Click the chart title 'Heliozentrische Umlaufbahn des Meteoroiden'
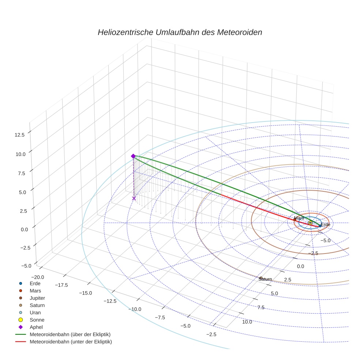coord(180,32)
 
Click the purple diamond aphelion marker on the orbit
coord(133,156)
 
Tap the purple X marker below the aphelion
coord(134,198)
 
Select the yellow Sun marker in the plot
coord(310,222)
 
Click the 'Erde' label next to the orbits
coord(325,225)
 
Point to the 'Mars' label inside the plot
coord(299,218)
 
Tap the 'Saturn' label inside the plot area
coord(265,279)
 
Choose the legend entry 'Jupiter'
coord(37,298)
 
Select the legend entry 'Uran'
coord(35,313)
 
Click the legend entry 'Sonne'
coord(37,320)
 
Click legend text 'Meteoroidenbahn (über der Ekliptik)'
coord(70,334)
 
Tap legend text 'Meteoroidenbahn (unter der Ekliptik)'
coord(71,342)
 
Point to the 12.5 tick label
coord(19,135)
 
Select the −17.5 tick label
coord(61,285)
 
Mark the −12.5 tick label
coord(110,301)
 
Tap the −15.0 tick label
coord(85,293)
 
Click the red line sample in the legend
coord(20,342)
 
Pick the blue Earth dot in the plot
coord(320,226)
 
